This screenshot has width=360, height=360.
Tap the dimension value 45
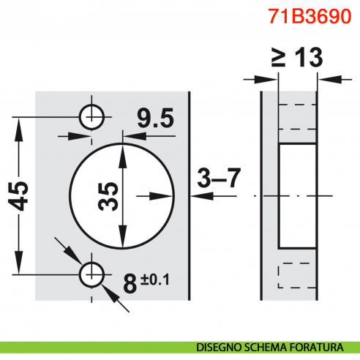pos(23,195)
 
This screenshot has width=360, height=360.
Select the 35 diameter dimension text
pos(109,195)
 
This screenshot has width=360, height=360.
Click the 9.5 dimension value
pos(151,116)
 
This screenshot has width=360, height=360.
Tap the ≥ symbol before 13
pos(278,59)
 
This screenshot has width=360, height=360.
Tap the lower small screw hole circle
pos(92,274)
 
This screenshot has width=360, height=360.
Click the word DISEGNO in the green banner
pos(217,346)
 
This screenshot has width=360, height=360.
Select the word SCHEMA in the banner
pos(267,346)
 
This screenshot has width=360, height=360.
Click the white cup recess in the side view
pos(298,195)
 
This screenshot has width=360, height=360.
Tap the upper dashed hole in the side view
pos(297,117)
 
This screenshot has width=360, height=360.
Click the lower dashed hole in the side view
pos(297,275)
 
